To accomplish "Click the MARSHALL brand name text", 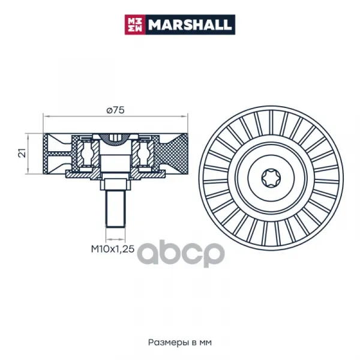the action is (x=190, y=25).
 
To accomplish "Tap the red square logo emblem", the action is (x=135, y=25).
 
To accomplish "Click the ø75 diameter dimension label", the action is (x=115, y=110).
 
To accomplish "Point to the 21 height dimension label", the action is (x=22, y=152).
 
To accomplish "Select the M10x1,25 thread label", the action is (x=113, y=249).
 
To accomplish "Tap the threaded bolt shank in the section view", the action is (x=115, y=209).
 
